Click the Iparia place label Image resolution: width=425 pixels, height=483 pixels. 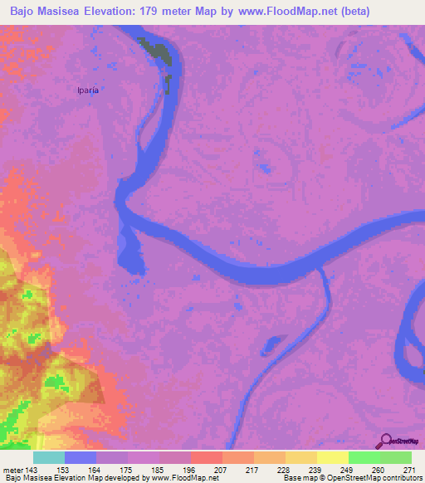(87, 90)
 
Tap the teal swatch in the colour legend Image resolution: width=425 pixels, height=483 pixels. (49, 457)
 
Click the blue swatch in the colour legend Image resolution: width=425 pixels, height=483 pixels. (81, 457)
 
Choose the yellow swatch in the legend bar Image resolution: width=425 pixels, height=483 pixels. (332, 457)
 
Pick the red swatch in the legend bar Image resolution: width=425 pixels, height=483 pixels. (206, 457)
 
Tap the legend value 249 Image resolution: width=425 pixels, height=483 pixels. (348, 469)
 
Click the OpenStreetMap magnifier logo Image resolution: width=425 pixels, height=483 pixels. (385, 441)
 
